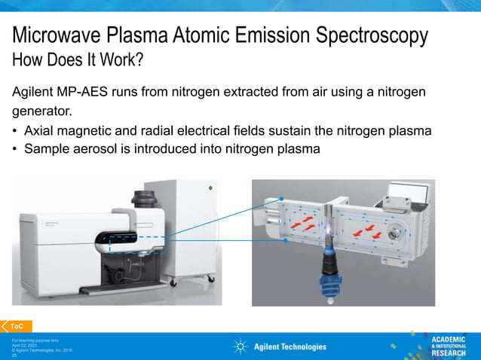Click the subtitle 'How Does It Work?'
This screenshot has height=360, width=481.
pyautogui.click(x=77, y=59)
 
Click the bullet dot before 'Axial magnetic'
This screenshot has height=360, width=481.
pyautogui.click(x=15, y=131)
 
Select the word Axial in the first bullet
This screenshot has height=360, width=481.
pyautogui.click(x=40, y=131)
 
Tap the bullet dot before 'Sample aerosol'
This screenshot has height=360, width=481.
pyautogui.click(x=15, y=149)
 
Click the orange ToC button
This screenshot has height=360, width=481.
pyautogui.click(x=16, y=326)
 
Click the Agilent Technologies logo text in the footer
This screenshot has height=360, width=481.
pyautogui.click(x=290, y=346)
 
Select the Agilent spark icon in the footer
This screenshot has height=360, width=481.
pyautogui.click(x=240, y=346)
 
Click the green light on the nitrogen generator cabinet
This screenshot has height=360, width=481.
pyautogui.click(x=210, y=188)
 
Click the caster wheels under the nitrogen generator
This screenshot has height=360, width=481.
pyautogui.click(x=176, y=284)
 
